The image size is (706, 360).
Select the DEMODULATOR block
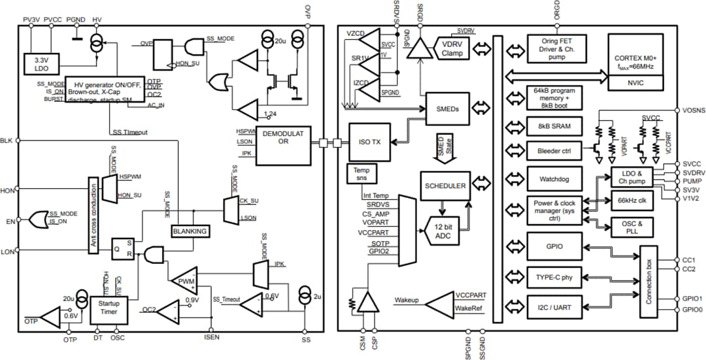click(x=283, y=142)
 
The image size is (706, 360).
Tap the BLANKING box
click(x=189, y=231)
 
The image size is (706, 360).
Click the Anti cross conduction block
click(x=94, y=214)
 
